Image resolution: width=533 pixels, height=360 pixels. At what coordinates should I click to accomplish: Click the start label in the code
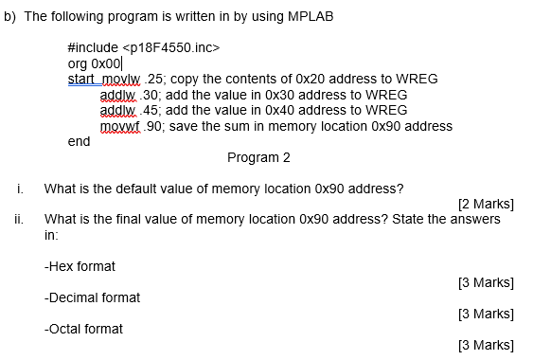83,79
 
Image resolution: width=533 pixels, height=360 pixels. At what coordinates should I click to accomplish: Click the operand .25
152,79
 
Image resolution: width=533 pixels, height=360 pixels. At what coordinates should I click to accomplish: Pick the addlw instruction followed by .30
117,95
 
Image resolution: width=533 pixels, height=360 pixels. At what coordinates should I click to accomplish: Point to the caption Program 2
259,156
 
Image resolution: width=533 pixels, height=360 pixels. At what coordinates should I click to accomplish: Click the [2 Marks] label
485,203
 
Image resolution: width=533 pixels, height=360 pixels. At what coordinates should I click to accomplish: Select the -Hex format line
80,266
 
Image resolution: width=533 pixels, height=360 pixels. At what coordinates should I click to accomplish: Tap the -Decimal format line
92,297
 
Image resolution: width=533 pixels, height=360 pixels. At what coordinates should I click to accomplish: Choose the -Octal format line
83,329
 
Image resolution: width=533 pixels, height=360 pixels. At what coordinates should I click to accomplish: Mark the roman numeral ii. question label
19,219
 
